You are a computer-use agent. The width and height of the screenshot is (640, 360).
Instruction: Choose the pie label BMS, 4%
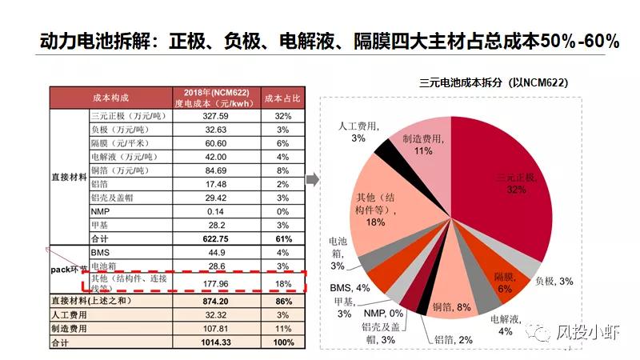point(350,287)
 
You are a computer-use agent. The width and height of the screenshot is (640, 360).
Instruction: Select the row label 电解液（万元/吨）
point(119,157)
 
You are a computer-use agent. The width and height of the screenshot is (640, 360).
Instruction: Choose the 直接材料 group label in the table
point(68,178)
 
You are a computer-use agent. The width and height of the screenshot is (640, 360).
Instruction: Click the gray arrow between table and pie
point(313,179)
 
